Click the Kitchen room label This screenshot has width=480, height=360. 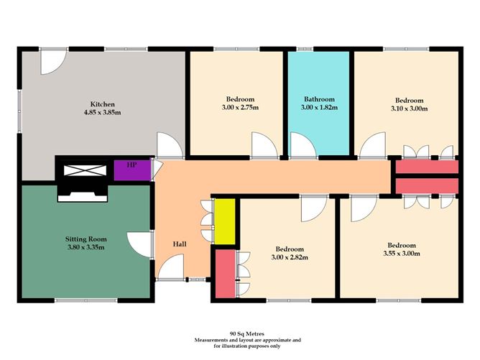(102, 103)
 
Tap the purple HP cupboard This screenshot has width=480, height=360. (131, 169)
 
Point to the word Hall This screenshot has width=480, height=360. (180, 244)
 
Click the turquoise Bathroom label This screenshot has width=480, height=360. (320, 99)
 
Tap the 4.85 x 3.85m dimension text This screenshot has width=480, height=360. (102, 113)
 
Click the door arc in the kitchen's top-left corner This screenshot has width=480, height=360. (52, 63)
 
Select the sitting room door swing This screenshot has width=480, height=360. (138, 245)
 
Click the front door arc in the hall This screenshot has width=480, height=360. (170, 270)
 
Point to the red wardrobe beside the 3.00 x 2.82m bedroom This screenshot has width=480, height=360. (223, 272)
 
